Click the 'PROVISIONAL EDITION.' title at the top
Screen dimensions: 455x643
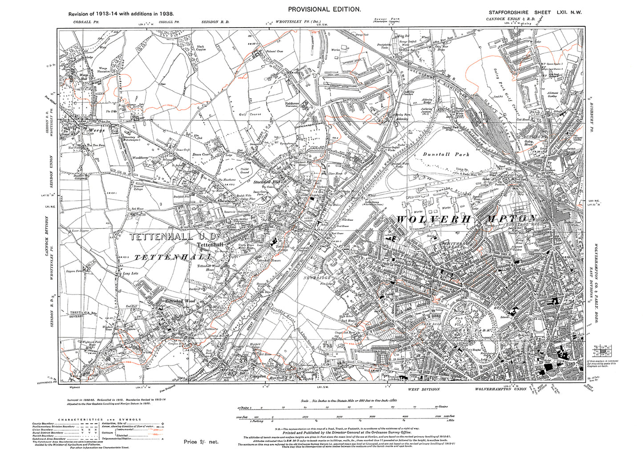[x=324, y=9]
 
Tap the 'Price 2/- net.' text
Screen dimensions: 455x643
[x=201, y=442]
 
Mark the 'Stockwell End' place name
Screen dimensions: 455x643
[x=266, y=182]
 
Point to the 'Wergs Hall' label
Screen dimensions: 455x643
[x=84, y=78]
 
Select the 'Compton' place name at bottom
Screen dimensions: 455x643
[x=258, y=376]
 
